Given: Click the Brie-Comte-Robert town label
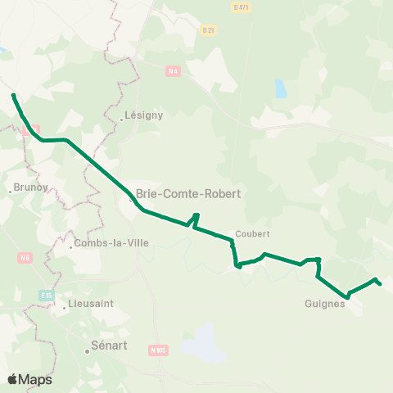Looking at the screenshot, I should coord(183,194).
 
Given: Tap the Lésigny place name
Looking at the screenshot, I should coord(145,115).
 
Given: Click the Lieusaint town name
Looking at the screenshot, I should coord(89,303).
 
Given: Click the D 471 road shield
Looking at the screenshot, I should coord(241,7).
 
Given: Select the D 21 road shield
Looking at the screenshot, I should coord(207,29).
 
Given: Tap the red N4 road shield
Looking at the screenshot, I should coord(171,71).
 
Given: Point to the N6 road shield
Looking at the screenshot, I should coord(25,257).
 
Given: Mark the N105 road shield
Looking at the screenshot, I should coord(158,350).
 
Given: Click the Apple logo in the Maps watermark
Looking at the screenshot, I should coord(12,379).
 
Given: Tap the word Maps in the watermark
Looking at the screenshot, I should coord(35,379).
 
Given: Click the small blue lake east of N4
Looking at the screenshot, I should coord(281,88).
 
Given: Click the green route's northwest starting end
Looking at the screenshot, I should coord(14,96).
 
